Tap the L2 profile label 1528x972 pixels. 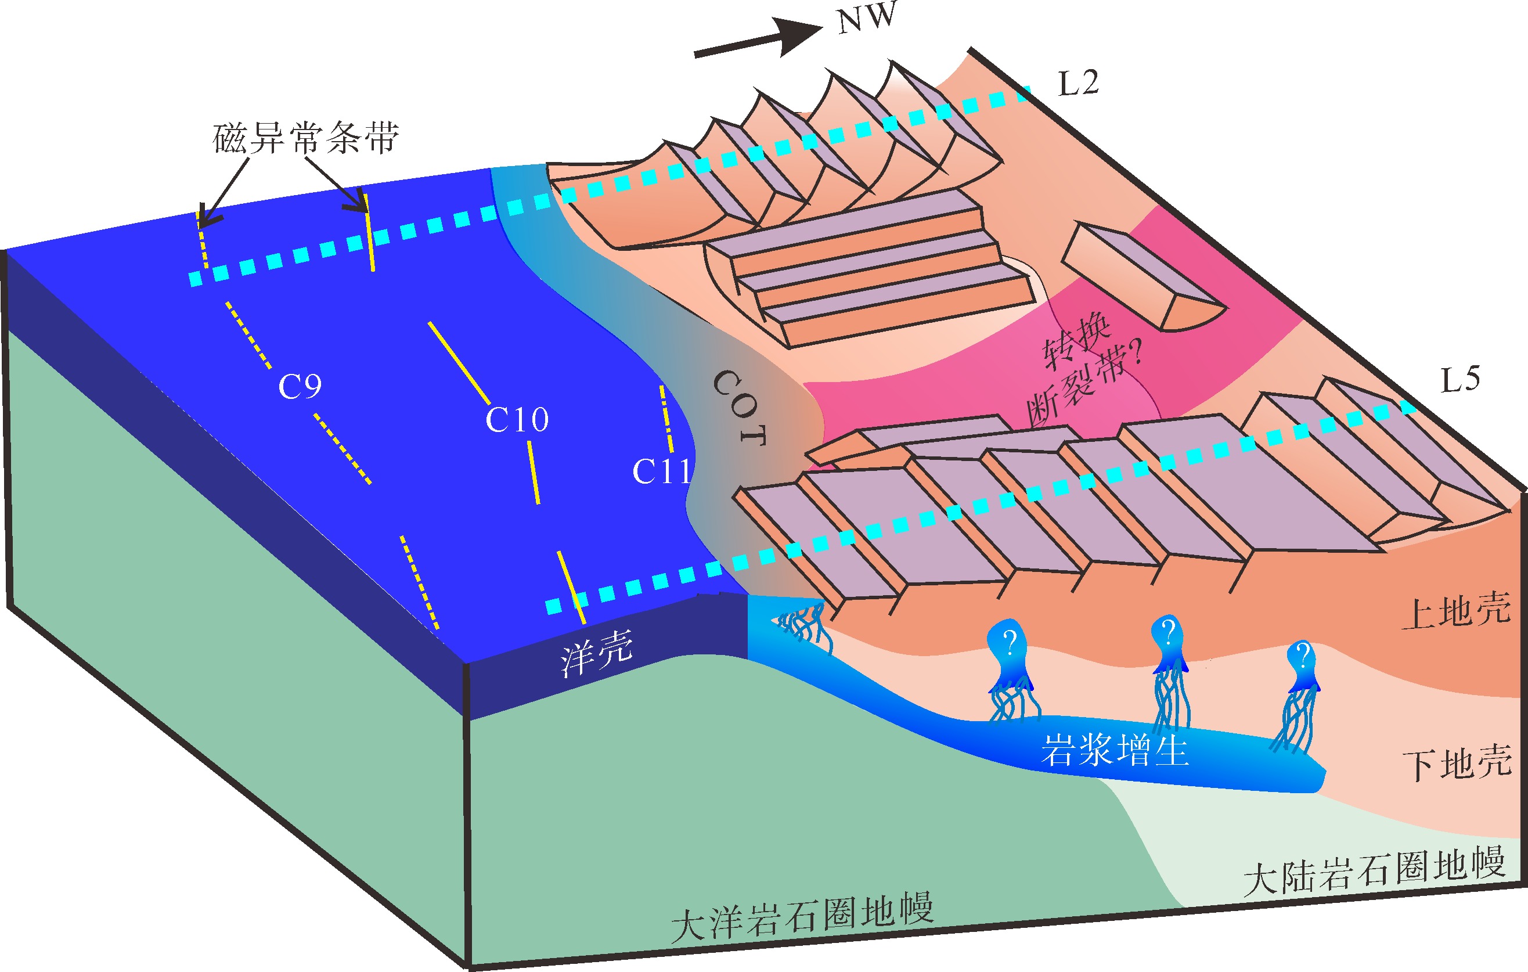point(1079,82)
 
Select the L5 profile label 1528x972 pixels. point(1461,379)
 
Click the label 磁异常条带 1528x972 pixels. point(306,138)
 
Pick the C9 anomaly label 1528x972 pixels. point(300,385)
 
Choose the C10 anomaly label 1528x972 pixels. point(517,419)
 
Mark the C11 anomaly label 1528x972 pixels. point(662,471)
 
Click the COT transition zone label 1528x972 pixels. point(740,408)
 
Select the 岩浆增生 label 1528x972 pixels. point(1115,750)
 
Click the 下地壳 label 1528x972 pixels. point(1458,762)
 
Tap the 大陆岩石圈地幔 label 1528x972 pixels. point(1374,872)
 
